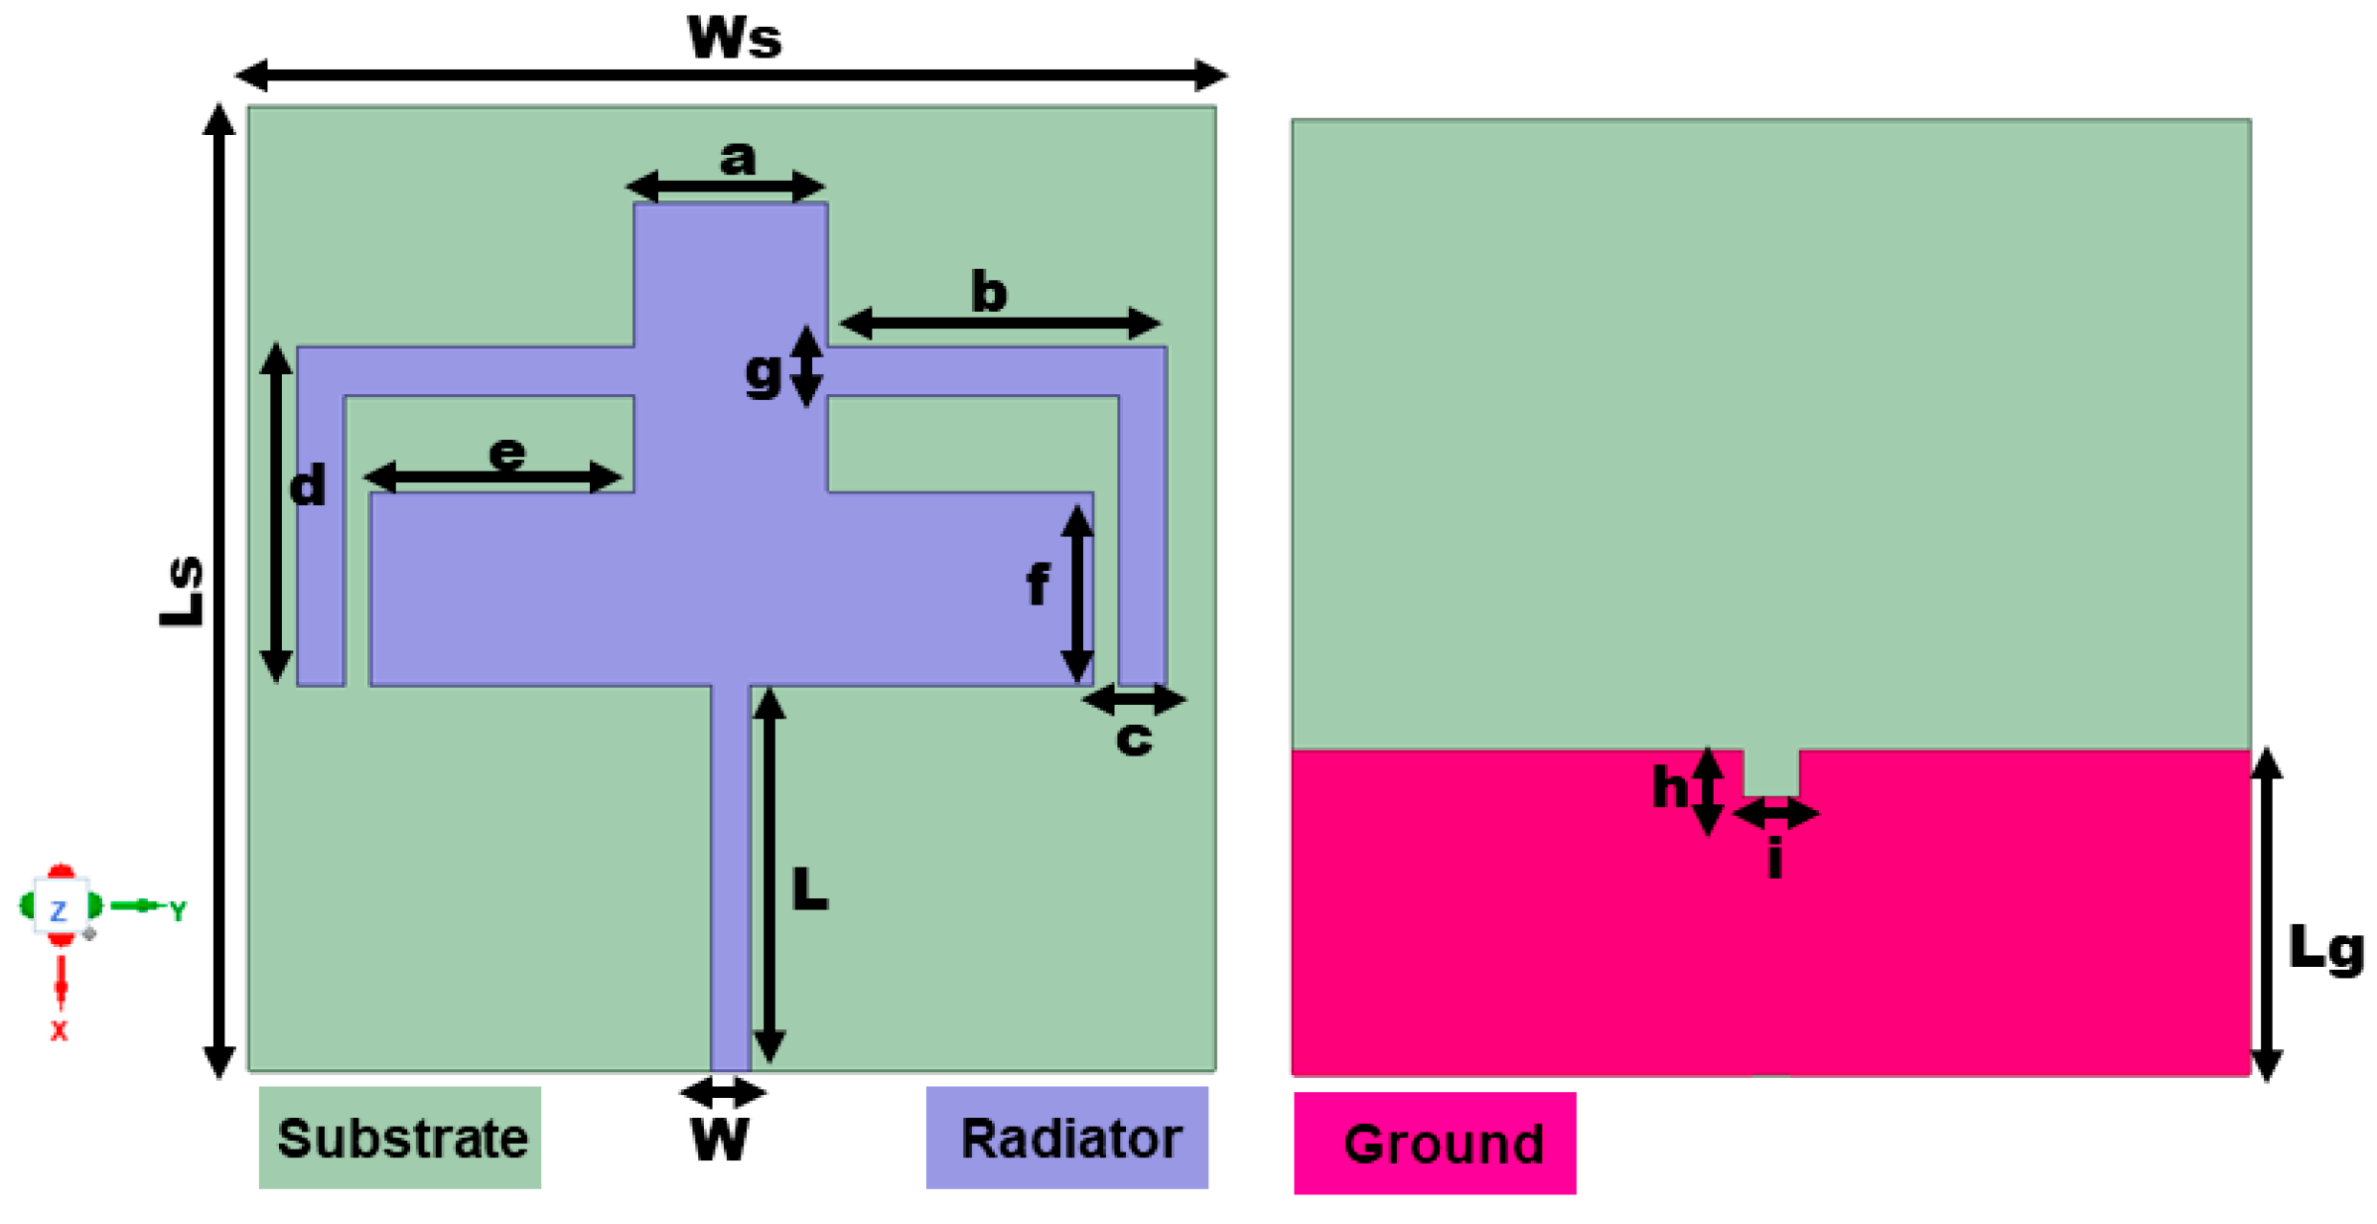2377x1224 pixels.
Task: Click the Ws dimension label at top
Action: point(734,38)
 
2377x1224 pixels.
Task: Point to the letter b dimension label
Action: point(988,293)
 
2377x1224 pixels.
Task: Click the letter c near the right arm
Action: point(1133,739)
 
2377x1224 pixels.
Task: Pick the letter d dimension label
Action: point(307,486)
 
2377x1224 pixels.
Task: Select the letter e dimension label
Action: point(506,454)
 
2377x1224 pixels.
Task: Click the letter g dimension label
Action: point(763,373)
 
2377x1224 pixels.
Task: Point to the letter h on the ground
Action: point(1669,788)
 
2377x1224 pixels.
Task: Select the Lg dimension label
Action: point(2324,949)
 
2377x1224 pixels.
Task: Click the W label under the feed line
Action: point(719,1140)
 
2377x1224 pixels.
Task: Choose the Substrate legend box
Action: point(399,1137)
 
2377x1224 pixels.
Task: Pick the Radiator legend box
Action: point(1066,1137)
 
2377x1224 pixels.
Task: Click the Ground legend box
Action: point(1434,1143)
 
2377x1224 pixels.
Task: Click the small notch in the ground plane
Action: point(1770,772)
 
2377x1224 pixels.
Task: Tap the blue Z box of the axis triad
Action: point(60,908)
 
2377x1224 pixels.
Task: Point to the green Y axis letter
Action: point(177,910)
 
